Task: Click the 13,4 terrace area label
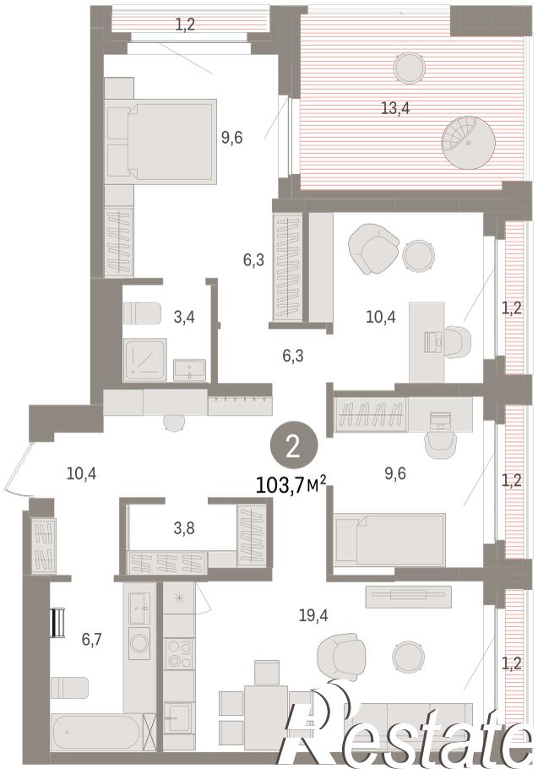click(x=395, y=108)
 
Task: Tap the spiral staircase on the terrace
click(x=468, y=142)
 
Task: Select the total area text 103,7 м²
click(x=291, y=486)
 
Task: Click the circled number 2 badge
click(x=293, y=447)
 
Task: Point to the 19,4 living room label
click(x=313, y=614)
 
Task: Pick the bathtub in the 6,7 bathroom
click(x=96, y=732)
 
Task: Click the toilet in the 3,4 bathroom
click(x=142, y=314)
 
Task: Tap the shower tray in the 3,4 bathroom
click(x=144, y=359)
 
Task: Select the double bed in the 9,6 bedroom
click(x=161, y=142)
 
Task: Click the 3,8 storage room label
click(x=184, y=528)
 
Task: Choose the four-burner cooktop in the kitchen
click(x=179, y=653)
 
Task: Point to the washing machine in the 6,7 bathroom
click(x=139, y=643)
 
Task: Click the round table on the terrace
click(x=409, y=67)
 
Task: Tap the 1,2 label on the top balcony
click(x=185, y=23)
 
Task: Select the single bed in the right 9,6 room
click(x=389, y=539)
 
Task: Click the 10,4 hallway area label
click(x=81, y=474)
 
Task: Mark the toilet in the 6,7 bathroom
click(x=70, y=688)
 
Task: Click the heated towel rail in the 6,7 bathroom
click(x=58, y=622)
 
